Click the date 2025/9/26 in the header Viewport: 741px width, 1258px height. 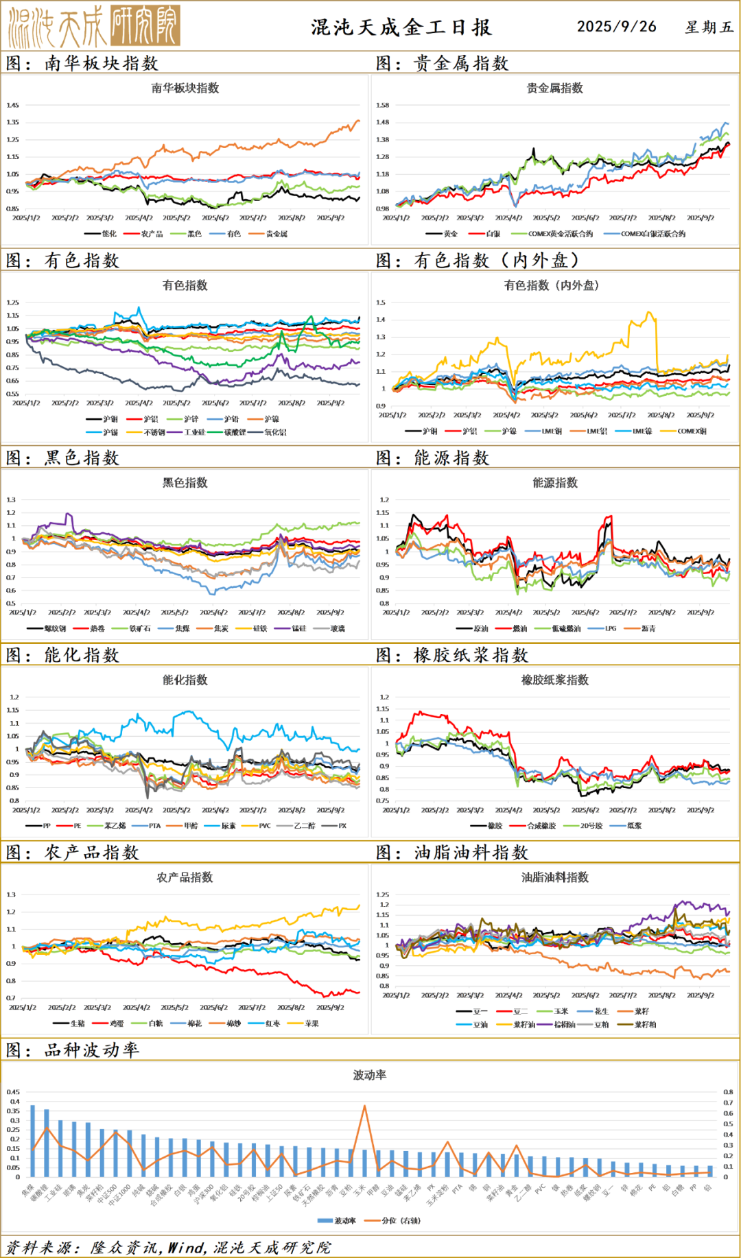click(616, 27)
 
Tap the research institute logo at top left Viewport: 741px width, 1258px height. click(94, 26)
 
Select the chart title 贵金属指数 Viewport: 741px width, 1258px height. click(554, 88)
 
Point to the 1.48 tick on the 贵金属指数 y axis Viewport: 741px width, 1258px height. click(382, 122)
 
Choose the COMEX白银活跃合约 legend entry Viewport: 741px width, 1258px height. click(652, 234)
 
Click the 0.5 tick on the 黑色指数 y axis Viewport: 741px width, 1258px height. click(11, 604)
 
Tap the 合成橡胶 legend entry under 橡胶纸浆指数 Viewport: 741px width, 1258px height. click(541, 826)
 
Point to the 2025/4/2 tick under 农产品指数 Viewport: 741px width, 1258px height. click(136, 1008)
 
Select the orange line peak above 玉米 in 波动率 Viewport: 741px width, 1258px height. click(364, 1106)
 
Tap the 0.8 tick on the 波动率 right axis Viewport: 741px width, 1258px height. click(728, 1092)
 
